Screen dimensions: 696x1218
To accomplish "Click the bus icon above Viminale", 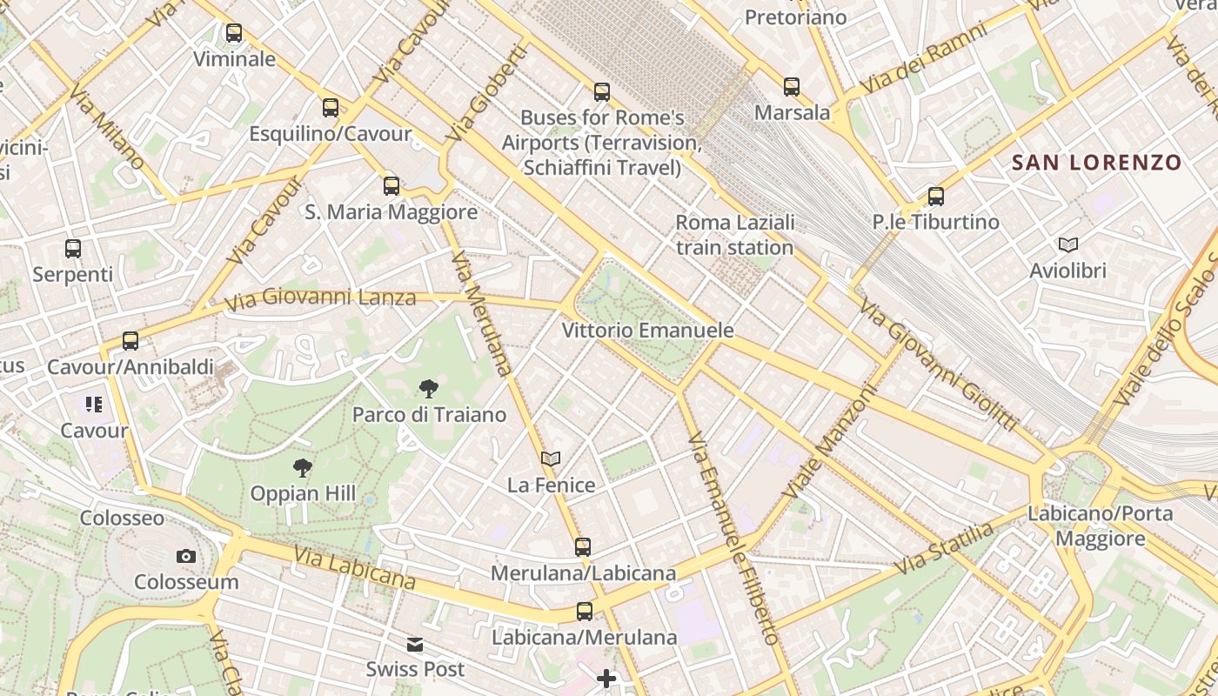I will coord(234,34).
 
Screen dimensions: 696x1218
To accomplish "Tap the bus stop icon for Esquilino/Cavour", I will coord(331,108).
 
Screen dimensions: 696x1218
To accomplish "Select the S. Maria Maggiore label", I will coord(391,212).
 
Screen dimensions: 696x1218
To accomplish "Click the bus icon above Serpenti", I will coord(73,249).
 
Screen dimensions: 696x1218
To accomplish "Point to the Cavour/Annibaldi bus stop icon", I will coord(130,341).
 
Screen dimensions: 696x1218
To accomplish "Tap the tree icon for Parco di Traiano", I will coord(428,389).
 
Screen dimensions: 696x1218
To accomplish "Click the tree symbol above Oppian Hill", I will coord(303,468).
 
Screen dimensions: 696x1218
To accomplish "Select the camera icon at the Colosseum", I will coord(186,557).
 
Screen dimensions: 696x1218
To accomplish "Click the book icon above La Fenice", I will coord(551,458).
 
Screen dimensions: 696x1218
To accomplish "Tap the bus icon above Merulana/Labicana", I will coord(583,547).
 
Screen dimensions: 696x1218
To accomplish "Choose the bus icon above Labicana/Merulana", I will coord(585,612).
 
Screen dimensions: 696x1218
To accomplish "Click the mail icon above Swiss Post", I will coord(415,645).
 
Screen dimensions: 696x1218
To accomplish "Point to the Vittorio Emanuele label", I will coord(647,331).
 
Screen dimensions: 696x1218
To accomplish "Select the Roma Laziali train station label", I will coord(735,235).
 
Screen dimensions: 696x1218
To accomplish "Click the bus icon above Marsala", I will coord(792,87).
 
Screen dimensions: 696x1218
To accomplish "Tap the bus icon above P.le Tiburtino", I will coord(936,197).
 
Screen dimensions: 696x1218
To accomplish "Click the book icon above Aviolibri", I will coord(1068,245).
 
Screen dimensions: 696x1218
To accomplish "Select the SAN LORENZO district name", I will coord(1096,163).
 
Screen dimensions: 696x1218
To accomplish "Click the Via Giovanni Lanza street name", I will coord(320,298).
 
